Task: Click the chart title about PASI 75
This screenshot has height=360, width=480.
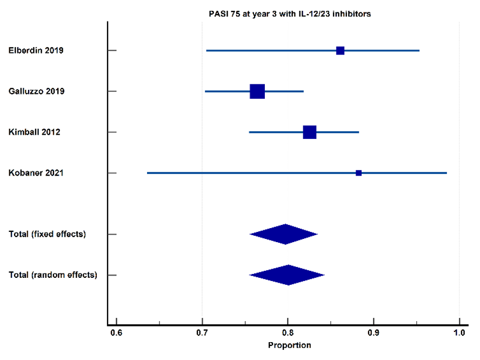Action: [290, 14]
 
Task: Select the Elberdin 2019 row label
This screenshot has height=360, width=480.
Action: [36, 50]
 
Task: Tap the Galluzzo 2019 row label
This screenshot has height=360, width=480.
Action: [36, 91]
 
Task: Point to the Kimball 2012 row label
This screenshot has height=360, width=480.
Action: [34, 132]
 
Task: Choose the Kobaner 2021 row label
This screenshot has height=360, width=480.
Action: [36, 173]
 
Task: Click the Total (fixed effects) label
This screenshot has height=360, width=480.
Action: [47, 234]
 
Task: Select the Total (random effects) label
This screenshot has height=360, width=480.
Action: [53, 275]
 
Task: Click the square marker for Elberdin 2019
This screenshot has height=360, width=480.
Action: [340, 50]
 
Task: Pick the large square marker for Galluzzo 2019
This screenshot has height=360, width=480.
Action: [257, 91]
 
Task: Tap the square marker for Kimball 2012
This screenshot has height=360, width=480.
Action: [310, 132]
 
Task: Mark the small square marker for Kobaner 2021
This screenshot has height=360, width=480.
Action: [358, 173]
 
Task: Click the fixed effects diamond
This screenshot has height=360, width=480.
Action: [284, 234]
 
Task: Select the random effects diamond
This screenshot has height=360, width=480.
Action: [287, 275]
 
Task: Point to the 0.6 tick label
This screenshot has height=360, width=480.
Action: [116, 333]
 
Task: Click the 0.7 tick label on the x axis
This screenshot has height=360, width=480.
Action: [202, 333]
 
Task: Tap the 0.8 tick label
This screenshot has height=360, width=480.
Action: [288, 333]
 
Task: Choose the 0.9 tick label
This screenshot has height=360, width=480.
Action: [374, 333]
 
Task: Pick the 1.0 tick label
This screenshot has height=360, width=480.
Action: [459, 333]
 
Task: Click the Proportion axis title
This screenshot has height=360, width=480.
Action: [290, 345]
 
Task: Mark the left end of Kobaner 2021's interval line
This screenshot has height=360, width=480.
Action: [147, 173]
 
